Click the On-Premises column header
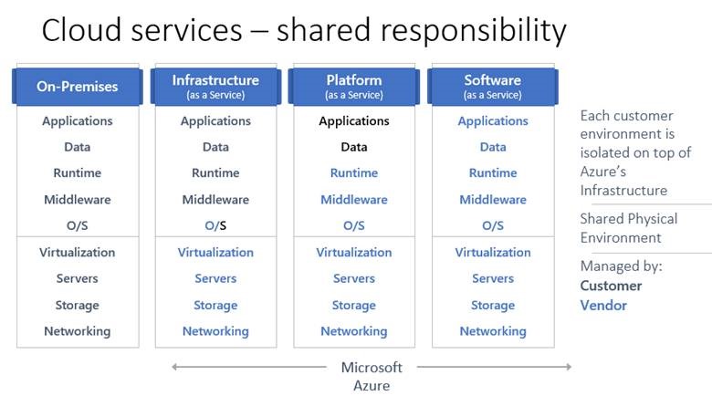click(78, 87)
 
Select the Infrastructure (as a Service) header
click(215, 87)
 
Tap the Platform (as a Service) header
click(354, 87)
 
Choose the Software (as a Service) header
click(493, 87)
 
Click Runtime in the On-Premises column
click(78, 173)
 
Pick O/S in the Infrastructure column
click(215, 226)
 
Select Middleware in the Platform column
click(354, 200)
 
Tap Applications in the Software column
click(493, 121)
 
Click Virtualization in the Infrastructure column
click(215, 253)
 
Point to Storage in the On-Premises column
click(78, 306)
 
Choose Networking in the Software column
click(493, 331)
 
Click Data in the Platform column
click(354, 147)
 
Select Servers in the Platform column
click(354, 279)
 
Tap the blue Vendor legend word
click(603, 306)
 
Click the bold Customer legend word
click(611, 286)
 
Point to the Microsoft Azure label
click(372, 376)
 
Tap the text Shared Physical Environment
click(628, 228)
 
